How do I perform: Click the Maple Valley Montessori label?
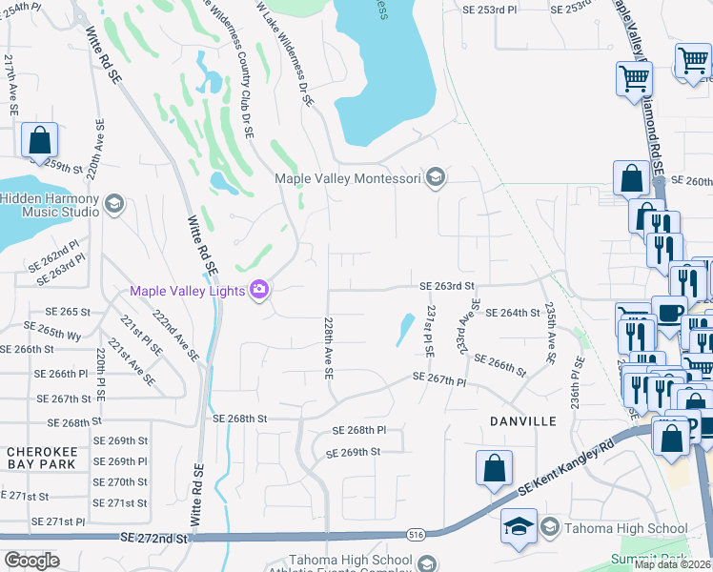(x=347, y=178)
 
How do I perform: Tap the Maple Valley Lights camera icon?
(x=258, y=289)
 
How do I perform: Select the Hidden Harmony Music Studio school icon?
(x=113, y=204)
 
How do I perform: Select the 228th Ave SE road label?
(x=328, y=349)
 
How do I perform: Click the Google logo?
(x=32, y=560)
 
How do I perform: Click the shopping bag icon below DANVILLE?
(x=494, y=468)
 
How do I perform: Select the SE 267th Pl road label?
(x=439, y=379)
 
